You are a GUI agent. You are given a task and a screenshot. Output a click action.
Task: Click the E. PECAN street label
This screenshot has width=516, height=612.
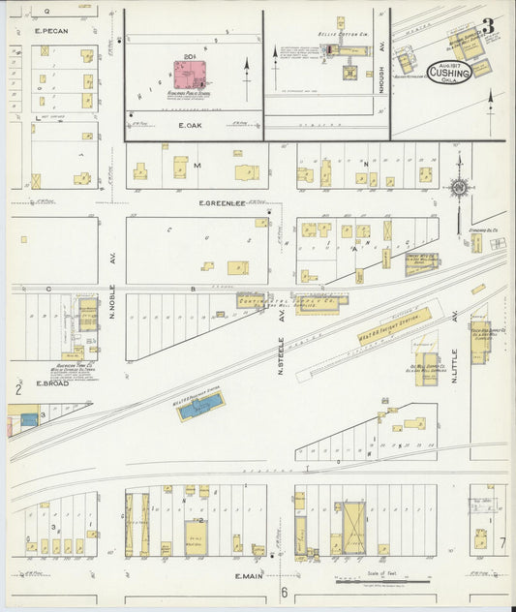(x=53, y=31)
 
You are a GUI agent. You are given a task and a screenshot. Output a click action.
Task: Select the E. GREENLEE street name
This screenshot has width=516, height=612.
(x=221, y=203)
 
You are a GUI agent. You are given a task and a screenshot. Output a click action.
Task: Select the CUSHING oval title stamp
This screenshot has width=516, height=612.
(x=449, y=76)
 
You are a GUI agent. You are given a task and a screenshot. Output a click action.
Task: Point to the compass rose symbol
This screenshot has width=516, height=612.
(x=458, y=187)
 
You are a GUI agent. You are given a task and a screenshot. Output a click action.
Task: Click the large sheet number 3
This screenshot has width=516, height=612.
(x=489, y=26)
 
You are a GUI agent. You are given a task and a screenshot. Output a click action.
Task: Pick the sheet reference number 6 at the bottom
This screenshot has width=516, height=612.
(x=285, y=593)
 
